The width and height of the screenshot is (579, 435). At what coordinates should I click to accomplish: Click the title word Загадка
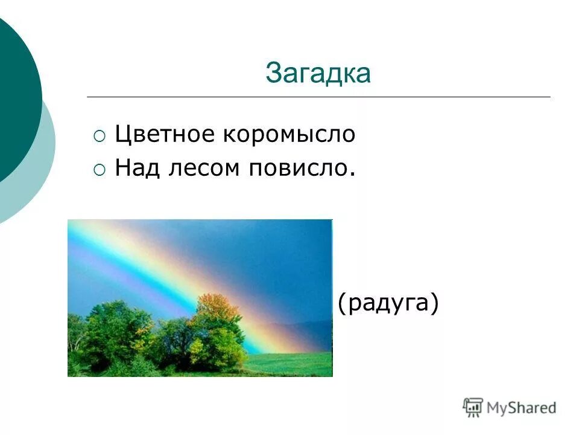(318, 74)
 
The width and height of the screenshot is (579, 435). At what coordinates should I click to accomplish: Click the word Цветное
(165, 134)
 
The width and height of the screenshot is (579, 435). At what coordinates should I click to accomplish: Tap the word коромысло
(290, 134)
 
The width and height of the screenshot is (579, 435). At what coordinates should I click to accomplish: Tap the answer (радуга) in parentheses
(387, 303)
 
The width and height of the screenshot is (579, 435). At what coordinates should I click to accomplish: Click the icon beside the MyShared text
(473, 407)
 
